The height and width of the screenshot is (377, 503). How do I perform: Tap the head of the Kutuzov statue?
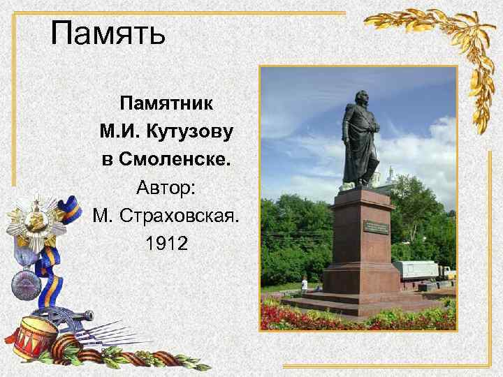(x=361, y=98)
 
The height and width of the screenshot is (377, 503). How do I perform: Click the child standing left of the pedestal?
(x=304, y=283)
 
